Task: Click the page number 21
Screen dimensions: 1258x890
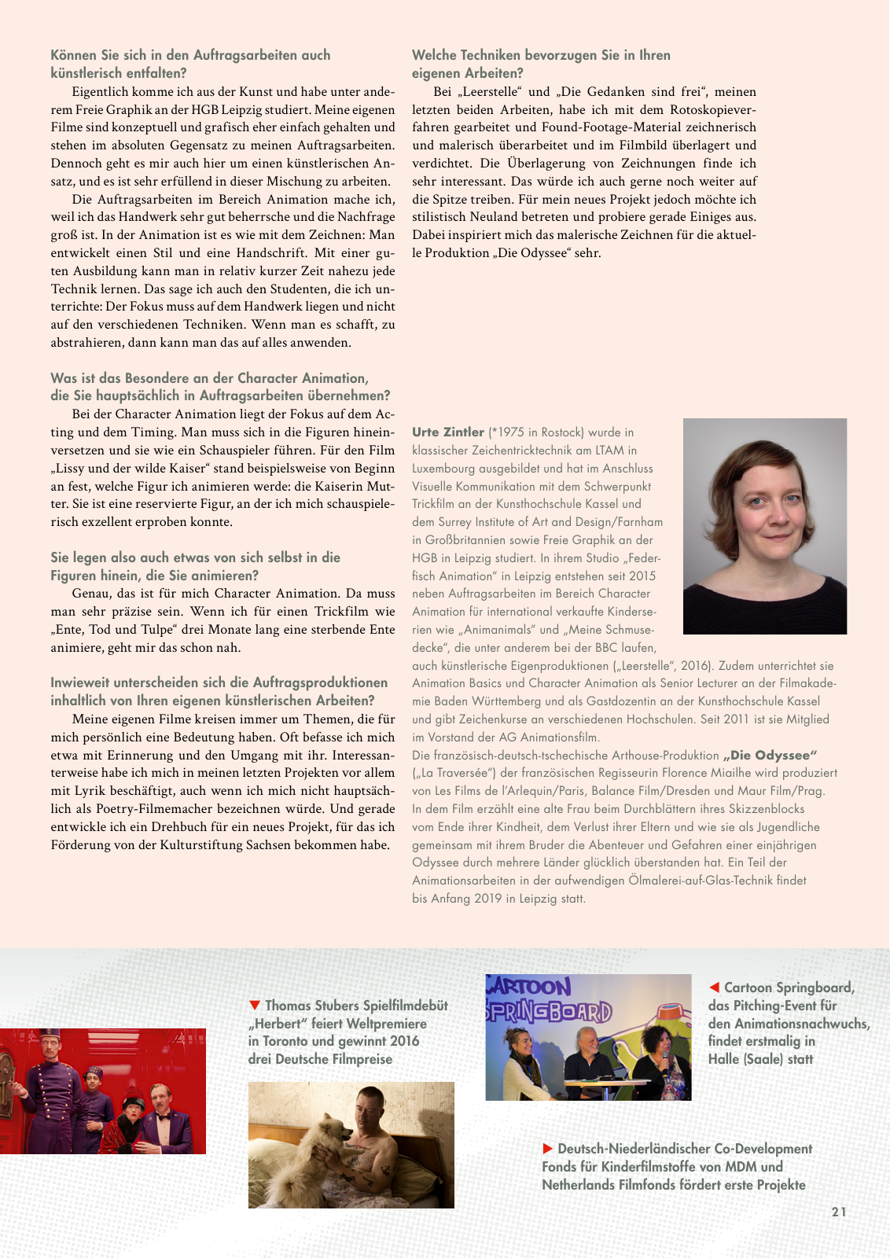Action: click(x=839, y=1212)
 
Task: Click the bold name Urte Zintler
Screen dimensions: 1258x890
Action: click(x=448, y=432)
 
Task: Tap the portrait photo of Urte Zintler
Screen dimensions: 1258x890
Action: click(x=764, y=525)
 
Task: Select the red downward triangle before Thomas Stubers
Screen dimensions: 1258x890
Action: click(x=254, y=1005)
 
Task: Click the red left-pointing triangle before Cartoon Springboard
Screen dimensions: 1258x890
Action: click(x=714, y=987)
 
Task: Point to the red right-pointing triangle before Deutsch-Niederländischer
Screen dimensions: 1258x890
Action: click(x=548, y=1149)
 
